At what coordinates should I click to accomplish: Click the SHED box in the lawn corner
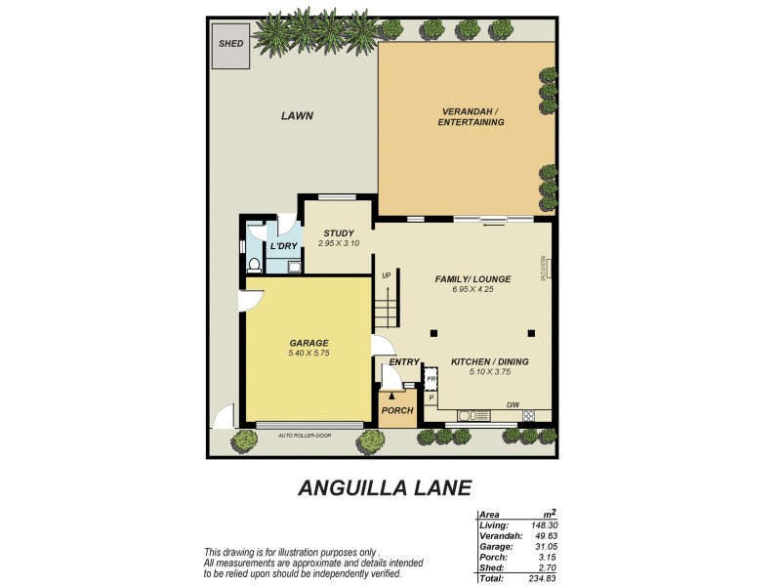[x=230, y=45]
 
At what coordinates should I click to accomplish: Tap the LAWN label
[x=297, y=115]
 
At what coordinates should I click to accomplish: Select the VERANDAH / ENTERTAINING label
[x=471, y=117]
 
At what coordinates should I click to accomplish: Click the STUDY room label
[x=339, y=232]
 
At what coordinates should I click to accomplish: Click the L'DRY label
[x=283, y=246]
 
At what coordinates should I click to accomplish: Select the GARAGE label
[x=308, y=343]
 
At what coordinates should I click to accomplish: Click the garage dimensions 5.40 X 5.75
[x=308, y=353]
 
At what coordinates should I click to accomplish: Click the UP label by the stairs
[x=387, y=276]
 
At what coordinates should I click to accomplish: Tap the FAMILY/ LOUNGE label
[x=473, y=279]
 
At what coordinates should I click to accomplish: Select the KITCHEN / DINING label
[x=489, y=362]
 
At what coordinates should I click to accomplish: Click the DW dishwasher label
[x=513, y=405]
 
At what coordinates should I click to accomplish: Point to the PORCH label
[x=397, y=410]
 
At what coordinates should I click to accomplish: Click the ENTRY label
[x=403, y=362]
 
